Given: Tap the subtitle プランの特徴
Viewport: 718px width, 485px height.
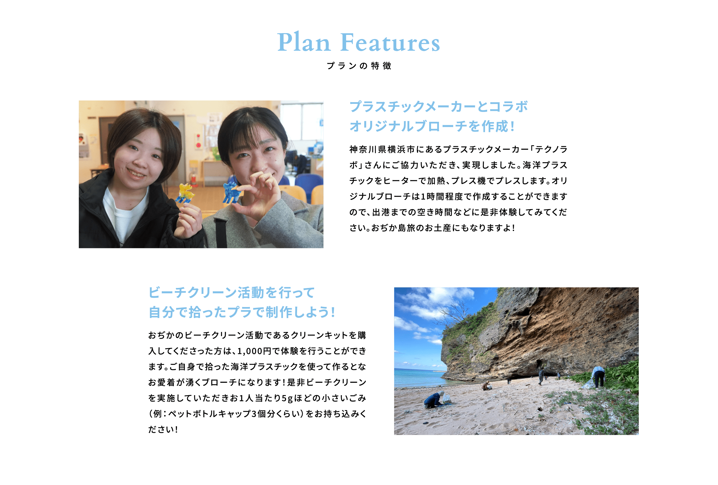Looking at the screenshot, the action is point(359,66).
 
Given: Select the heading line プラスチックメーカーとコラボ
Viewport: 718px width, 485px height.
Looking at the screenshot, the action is point(438,107).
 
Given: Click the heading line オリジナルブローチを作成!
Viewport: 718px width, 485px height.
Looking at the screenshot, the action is point(432,126).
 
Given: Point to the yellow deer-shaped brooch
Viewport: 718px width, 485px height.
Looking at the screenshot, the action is point(186,193).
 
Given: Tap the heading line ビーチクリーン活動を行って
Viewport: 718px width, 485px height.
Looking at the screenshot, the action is point(231,292).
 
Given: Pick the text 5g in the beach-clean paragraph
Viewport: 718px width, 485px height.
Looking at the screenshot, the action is point(287,398).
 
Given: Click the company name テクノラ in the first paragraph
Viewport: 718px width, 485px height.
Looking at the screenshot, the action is point(551,150).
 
